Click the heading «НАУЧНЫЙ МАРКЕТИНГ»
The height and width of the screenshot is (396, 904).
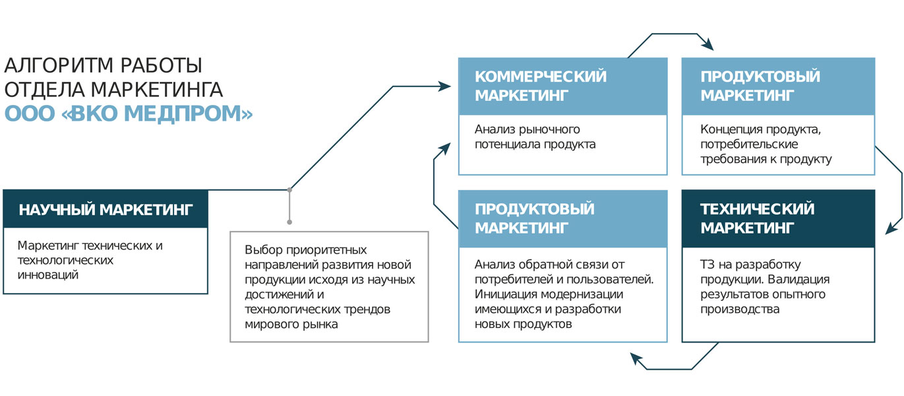[x=105, y=210]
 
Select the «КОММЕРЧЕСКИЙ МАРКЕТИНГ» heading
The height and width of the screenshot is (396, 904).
[x=540, y=86]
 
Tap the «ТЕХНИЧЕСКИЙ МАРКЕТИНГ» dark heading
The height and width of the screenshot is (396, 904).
[x=757, y=218]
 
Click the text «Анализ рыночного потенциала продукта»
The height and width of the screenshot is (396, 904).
[x=535, y=137]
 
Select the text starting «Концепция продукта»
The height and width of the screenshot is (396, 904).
[x=765, y=144]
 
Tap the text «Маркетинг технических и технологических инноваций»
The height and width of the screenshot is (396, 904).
[x=90, y=260]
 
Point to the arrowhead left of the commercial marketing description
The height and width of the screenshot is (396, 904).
[x=446, y=147]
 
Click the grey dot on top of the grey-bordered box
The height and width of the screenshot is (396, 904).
[x=289, y=222]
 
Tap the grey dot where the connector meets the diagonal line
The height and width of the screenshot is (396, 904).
[x=289, y=190]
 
